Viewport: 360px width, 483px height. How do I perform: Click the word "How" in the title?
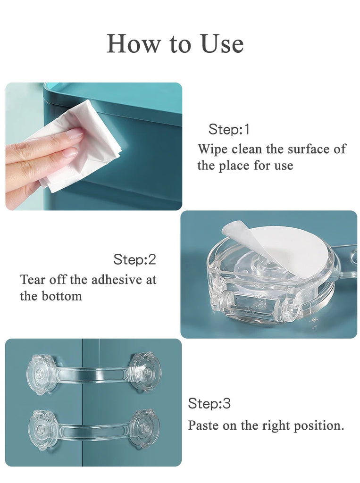click(134, 43)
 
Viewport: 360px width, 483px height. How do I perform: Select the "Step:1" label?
click(229, 129)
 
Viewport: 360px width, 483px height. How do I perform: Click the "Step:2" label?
click(134, 259)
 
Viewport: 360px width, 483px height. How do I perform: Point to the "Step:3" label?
click(209, 403)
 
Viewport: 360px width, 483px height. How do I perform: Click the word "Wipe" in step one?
click(213, 150)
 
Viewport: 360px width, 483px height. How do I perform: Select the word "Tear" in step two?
click(33, 280)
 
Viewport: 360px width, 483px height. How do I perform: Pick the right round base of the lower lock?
click(144, 428)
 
